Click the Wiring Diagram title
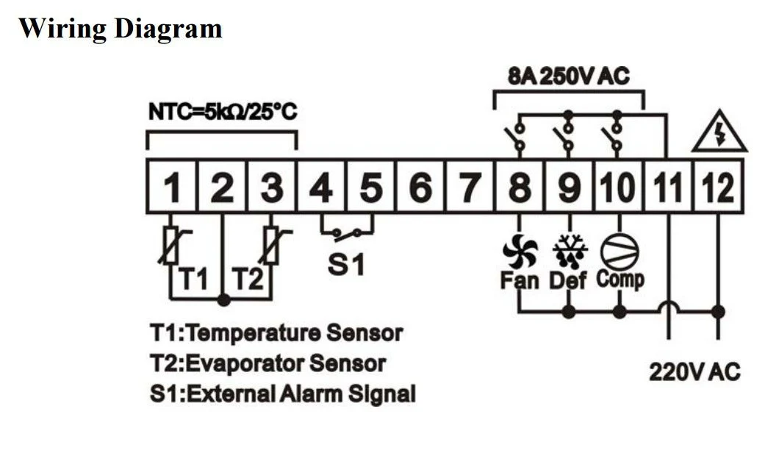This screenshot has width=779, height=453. [121, 29]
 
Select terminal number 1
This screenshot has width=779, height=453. [172, 188]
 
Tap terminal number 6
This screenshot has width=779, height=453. [420, 188]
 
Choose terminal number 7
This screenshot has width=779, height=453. [470, 188]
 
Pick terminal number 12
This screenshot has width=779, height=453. [719, 188]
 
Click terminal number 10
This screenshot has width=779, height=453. [619, 188]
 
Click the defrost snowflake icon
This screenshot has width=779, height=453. [570, 251]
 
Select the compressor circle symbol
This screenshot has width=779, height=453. [619, 251]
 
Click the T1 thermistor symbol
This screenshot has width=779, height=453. [172, 245]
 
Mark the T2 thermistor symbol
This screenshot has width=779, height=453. [271, 245]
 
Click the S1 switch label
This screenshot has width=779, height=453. [346, 263]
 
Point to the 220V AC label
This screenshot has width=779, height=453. [694, 371]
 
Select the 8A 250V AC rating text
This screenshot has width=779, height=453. [569, 76]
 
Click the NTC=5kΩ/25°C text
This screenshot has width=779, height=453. [223, 112]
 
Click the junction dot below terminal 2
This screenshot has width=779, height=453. [224, 300]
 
